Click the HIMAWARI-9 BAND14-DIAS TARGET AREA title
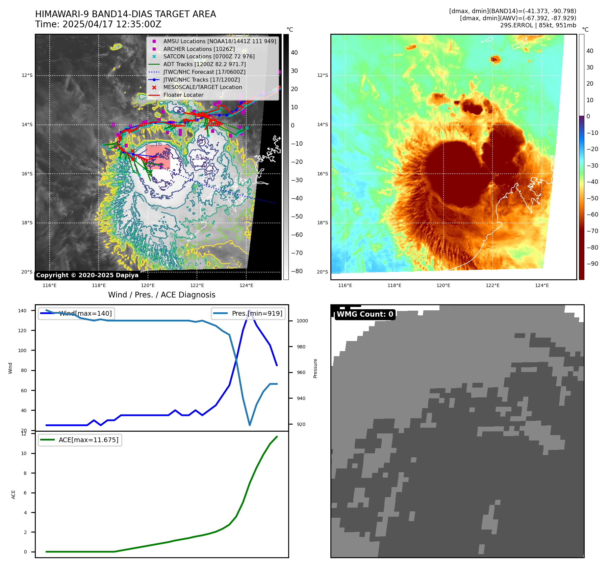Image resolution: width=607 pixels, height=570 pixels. tap(125, 14)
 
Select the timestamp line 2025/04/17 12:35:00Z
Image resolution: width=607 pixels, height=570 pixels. tap(98, 25)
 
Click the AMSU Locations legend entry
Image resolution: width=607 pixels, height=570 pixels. tap(219, 41)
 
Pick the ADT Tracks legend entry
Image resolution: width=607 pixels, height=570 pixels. tap(204, 64)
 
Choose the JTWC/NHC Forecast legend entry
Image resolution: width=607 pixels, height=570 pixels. tap(204, 72)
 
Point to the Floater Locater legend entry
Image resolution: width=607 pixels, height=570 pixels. tap(183, 95)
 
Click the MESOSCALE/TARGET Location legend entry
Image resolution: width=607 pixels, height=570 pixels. tap(202, 87)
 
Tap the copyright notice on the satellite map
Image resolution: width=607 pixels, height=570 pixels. tap(87, 275)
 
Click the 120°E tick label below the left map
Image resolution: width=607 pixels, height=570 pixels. tap(148, 286)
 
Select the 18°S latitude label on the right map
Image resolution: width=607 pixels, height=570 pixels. tap(322, 223)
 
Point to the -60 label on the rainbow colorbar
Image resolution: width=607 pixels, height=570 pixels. tap(592, 215)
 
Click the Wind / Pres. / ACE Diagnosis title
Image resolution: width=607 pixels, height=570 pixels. tap(161, 295)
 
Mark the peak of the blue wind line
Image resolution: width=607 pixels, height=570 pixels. tap(250, 311)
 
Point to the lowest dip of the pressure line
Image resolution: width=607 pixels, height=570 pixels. tap(250, 425)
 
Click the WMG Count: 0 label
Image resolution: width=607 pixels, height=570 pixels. tap(365, 314)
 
